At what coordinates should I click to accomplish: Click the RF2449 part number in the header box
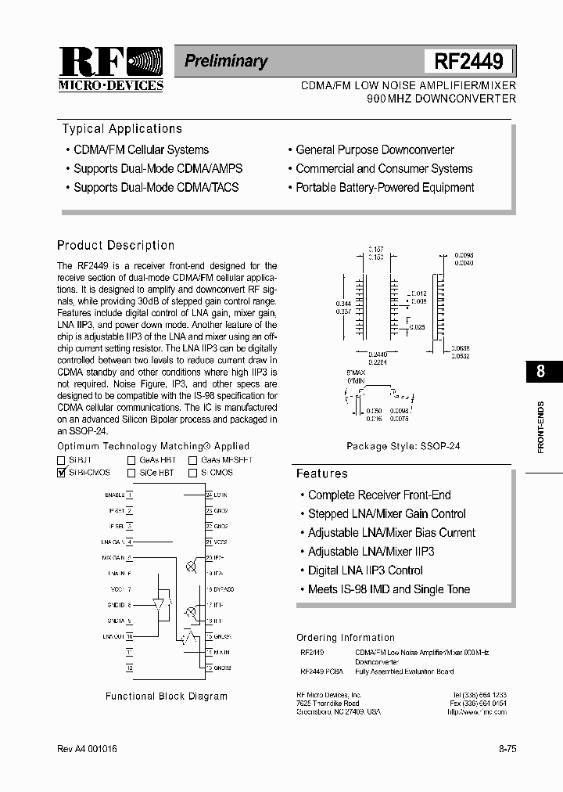coord(468,61)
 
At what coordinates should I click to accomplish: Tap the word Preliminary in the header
coord(226,61)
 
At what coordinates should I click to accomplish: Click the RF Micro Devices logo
coord(110,69)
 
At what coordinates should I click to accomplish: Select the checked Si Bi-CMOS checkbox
coord(62,473)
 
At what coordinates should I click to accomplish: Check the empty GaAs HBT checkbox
coord(132,461)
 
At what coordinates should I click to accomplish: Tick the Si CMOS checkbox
coord(192,473)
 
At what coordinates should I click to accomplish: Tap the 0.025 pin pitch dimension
coord(416,327)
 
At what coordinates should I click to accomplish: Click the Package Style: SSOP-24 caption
coord(403,446)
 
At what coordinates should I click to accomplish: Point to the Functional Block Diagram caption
coord(167,696)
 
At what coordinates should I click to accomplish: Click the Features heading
coord(321,473)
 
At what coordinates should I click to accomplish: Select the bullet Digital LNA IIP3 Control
coord(364,571)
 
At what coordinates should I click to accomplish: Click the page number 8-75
coord(507,749)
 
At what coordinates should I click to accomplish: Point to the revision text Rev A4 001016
coord(88,749)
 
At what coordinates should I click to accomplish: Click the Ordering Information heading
coord(346,638)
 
